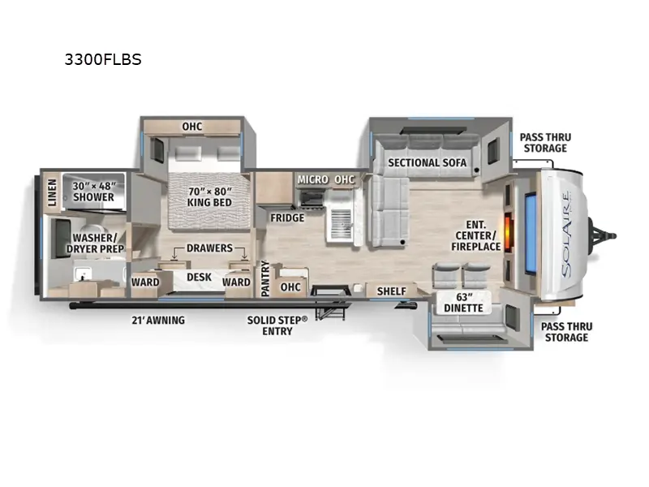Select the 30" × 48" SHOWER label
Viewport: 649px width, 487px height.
(93, 191)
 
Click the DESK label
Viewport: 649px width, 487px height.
(199, 278)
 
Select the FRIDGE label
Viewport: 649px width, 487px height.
(287, 218)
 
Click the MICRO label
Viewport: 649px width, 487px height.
(312, 179)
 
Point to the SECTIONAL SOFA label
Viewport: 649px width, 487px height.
(427, 162)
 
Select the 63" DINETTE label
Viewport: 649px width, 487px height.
(463, 302)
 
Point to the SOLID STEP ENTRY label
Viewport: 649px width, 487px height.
(277, 325)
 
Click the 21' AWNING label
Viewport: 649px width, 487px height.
(160, 320)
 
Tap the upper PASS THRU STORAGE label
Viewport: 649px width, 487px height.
(544, 142)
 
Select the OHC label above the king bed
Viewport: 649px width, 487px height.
(191, 126)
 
